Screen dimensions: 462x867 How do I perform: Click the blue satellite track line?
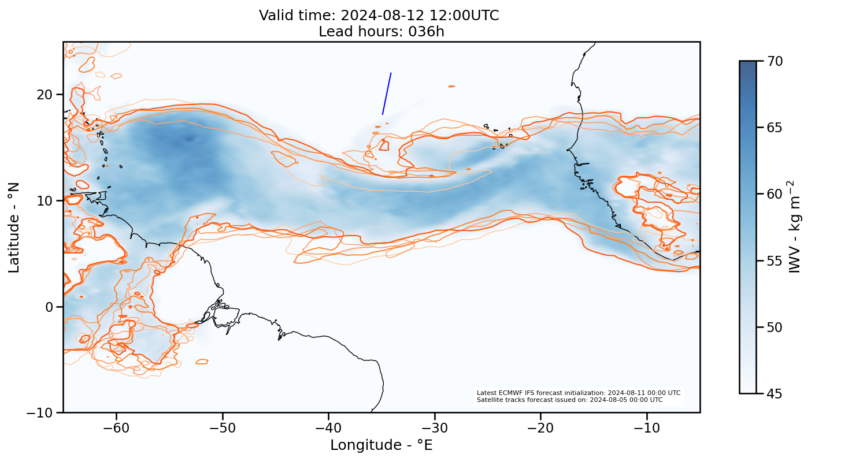tap(387, 94)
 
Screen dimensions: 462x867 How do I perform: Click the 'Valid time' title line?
tap(379, 16)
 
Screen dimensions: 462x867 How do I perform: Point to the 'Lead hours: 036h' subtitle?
tap(381, 31)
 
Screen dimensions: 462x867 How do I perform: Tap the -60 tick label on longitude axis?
tap(116, 429)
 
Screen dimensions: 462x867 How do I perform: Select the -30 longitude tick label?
tap(435, 429)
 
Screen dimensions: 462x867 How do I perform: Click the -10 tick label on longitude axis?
tap(647, 429)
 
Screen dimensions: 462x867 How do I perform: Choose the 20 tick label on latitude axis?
tap(45, 94)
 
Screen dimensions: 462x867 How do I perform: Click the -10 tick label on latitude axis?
tap(40, 412)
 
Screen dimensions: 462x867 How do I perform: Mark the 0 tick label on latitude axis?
tap(50, 307)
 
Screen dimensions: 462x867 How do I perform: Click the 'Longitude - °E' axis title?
tap(381, 445)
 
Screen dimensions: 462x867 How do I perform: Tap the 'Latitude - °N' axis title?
tap(14, 227)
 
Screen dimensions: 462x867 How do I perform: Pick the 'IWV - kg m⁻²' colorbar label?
tap(796, 227)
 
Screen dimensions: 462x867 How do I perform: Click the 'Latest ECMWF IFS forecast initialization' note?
tap(578, 393)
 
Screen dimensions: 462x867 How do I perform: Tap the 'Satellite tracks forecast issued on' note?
tap(569, 400)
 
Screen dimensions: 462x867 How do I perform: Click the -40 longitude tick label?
tap(328, 429)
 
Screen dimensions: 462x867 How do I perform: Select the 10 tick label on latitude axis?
tap(45, 200)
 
